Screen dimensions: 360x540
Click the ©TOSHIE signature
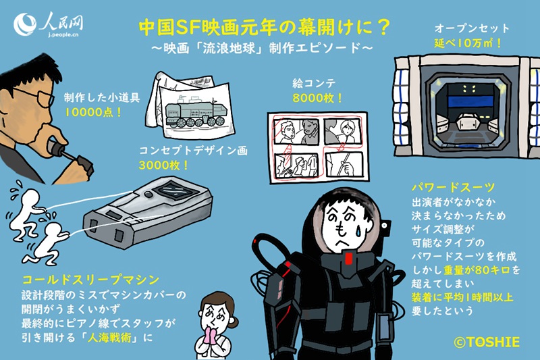[487, 342]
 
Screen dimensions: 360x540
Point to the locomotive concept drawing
[196, 108]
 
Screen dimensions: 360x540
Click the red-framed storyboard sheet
[315, 145]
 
